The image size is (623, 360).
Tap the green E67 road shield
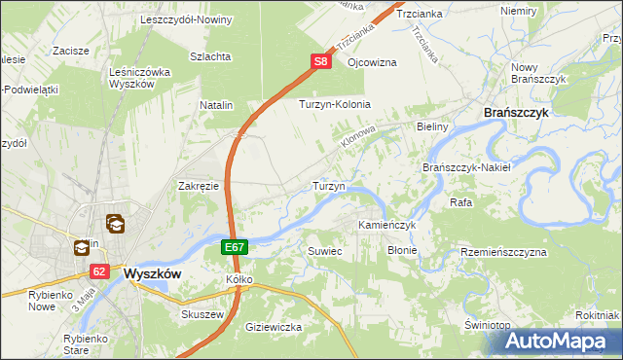(x=234, y=248)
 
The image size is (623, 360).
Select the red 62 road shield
(x=100, y=272)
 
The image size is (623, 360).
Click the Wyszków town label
(x=153, y=274)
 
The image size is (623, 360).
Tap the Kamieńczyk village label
(x=387, y=225)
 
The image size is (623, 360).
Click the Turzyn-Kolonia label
(x=336, y=103)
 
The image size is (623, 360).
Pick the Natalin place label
(x=217, y=103)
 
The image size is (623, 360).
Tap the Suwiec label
(x=325, y=251)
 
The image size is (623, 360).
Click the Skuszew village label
(x=203, y=315)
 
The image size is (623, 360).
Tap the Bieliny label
(x=431, y=126)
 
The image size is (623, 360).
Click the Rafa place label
(x=460, y=202)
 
